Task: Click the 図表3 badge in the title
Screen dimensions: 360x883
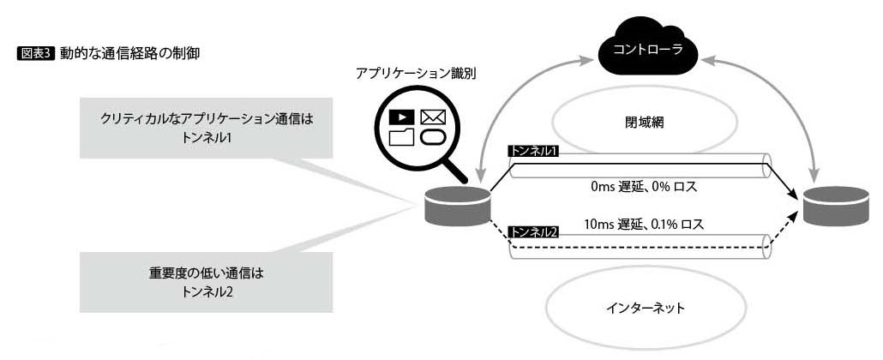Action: (36, 53)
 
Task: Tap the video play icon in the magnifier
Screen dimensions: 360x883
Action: (400, 117)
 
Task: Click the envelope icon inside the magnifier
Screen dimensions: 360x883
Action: (432, 117)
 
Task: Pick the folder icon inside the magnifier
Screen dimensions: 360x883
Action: (400, 137)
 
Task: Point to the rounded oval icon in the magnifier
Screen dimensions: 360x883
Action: (433, 137)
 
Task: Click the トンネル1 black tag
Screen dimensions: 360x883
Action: (533, 151)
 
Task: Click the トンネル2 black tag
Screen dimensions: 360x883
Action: (533, 231)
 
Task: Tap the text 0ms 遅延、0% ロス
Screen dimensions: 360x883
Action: (647, 184)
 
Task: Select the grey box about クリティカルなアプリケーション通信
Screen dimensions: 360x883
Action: (206, 127)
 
